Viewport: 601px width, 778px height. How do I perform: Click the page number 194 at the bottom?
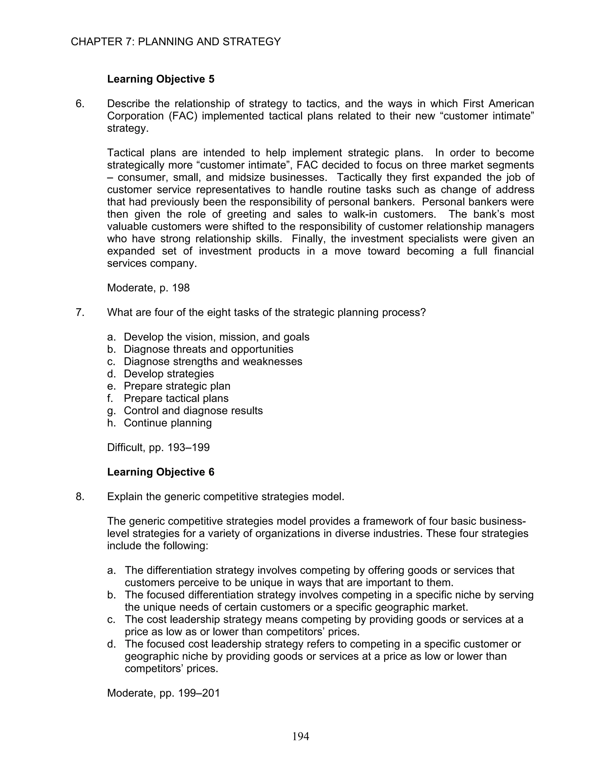point(300,736)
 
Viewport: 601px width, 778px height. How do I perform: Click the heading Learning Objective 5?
point(161,79)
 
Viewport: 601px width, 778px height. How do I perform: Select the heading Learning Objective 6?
point(161,472)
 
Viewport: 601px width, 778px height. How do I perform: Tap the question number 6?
point(80,104)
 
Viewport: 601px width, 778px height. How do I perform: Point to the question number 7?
point(80,312)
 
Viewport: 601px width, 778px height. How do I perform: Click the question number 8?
point(80,496)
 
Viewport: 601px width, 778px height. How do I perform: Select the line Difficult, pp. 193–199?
point(158,447)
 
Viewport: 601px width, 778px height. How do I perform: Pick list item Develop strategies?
point(169,374)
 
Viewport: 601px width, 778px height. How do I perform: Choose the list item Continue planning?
point(168,423)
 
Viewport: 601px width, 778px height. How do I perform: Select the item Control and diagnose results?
point(193,411)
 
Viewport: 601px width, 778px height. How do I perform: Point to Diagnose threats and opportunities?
point(208,349)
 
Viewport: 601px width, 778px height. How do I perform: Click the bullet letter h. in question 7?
point(112,423)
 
